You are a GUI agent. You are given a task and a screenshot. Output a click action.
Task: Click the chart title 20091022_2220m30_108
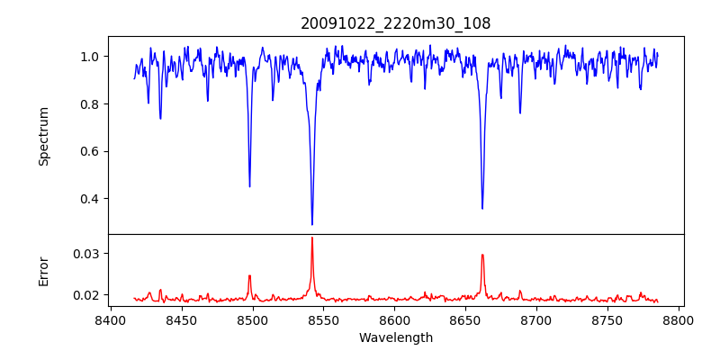[x=395, y=23]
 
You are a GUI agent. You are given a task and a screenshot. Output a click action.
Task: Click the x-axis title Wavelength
[x=395, y=337]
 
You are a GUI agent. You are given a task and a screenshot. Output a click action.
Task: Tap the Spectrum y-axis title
[x=43, y=135]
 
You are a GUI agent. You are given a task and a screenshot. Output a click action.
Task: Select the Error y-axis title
[x=43, y=270]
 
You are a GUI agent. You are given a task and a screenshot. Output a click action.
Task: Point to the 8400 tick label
[x=110, y=319]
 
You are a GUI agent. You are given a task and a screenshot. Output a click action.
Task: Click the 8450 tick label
[x=181, y=319]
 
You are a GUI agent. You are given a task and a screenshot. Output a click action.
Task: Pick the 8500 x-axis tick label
[x=252, y=319]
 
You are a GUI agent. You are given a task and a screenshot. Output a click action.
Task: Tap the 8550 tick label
[x=323, y=319]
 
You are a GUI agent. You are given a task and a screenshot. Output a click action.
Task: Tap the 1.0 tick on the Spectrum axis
[x=90, y=57]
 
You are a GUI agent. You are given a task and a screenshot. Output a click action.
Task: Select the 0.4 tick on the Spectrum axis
[x=90, y=199]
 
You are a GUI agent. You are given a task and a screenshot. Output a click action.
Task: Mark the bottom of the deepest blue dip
[x=312, y=224]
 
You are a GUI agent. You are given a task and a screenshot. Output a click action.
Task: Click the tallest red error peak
[x=312, y=238]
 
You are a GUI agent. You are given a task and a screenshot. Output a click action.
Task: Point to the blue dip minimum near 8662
[x=482, y=209]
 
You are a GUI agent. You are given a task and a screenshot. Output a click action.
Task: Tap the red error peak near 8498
[x=249, y=275]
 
